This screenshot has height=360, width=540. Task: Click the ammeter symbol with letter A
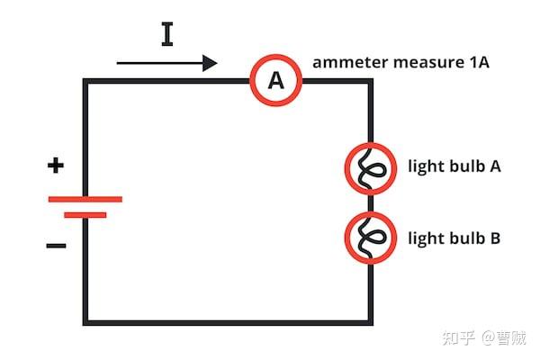275,81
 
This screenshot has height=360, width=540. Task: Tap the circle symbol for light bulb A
371,167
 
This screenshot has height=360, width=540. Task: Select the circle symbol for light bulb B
371,238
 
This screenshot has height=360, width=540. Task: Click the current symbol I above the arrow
167,34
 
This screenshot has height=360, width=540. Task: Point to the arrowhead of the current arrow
211,63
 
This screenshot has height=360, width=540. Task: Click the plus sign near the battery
56,166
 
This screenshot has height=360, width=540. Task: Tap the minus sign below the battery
56,245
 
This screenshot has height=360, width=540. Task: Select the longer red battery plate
85,199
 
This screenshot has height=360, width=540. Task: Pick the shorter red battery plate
85,215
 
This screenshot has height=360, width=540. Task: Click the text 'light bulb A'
454,167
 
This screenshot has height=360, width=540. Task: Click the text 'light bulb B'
454,238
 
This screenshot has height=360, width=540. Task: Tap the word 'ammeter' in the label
345,63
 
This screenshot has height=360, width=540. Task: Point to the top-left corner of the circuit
86,82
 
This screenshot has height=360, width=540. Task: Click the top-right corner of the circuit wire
370,82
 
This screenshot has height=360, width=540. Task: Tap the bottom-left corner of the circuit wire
86,322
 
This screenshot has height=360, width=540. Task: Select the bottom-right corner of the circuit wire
370,322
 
